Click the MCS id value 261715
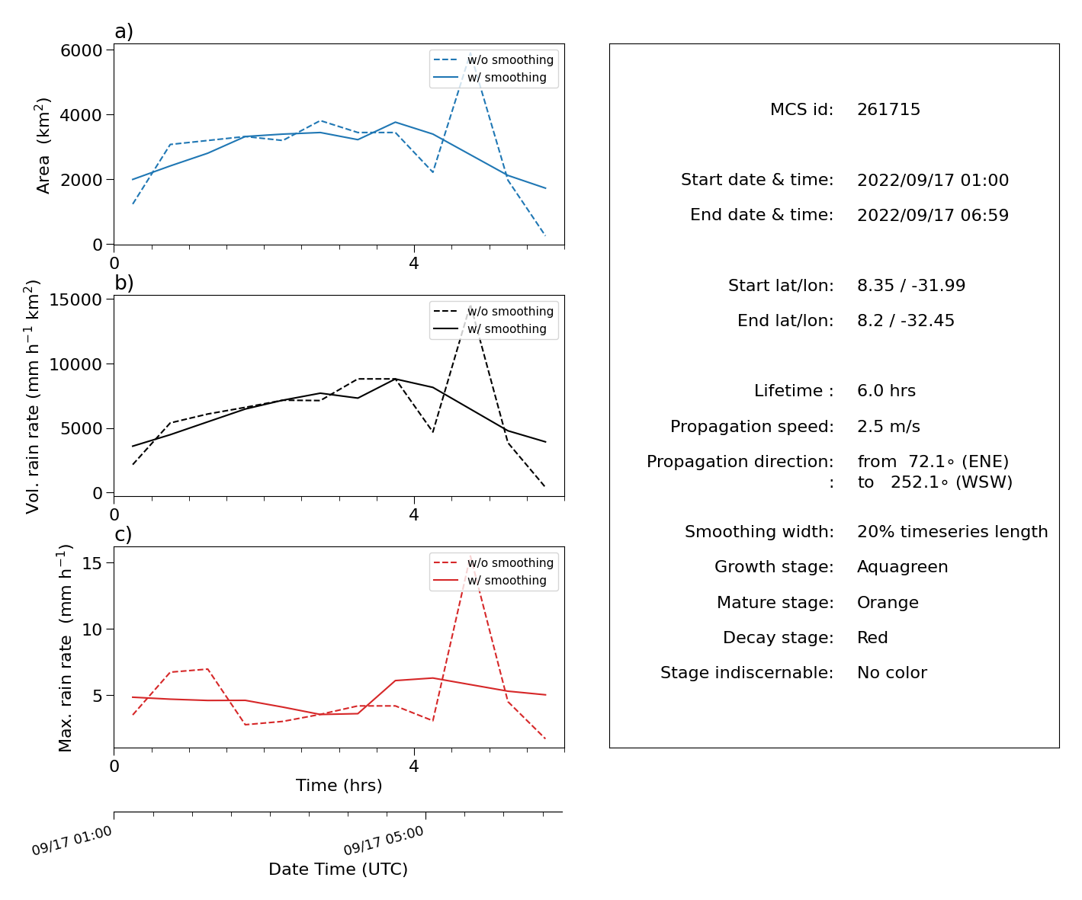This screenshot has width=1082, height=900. click(x=888, y=109)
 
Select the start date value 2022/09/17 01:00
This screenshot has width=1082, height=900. click(x=933, y=180)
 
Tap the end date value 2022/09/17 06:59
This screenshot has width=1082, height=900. click(x=933, y=215)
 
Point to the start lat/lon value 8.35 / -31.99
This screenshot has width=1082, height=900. click(x=911, y=285)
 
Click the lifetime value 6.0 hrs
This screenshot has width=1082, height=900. click(x=886, y=390)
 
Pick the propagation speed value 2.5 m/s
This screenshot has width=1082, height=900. click(x=888, y=426)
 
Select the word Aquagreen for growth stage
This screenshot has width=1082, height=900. click(x=902, y=567)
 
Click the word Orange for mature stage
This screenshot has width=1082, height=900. click(x=888, y=602)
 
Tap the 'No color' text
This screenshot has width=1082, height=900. click(x=892, y=672)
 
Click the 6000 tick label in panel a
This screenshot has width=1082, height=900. click(x=82, y=50)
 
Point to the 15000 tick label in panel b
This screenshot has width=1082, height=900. click(x=75, y=299)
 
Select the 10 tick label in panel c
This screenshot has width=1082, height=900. click(x=92, y=629)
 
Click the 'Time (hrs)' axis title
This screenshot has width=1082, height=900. click(x=339, y=785)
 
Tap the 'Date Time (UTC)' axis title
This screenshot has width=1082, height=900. click(x=338, y=869)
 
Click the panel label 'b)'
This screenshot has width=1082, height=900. click(x=124, y=283)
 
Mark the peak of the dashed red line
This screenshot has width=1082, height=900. click(x=470, y=556)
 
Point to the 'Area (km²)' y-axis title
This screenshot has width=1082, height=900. click(x=43, y=146)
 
